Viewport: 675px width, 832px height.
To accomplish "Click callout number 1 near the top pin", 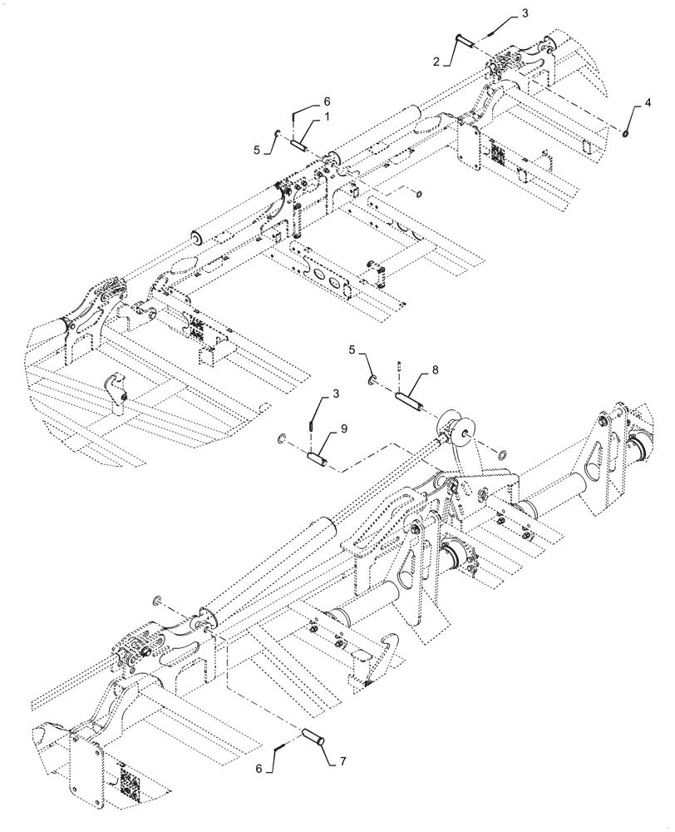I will pos(327,119).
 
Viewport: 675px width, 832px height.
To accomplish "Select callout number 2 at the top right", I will pos(436,62).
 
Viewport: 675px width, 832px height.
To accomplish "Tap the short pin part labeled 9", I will pos(319,458).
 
